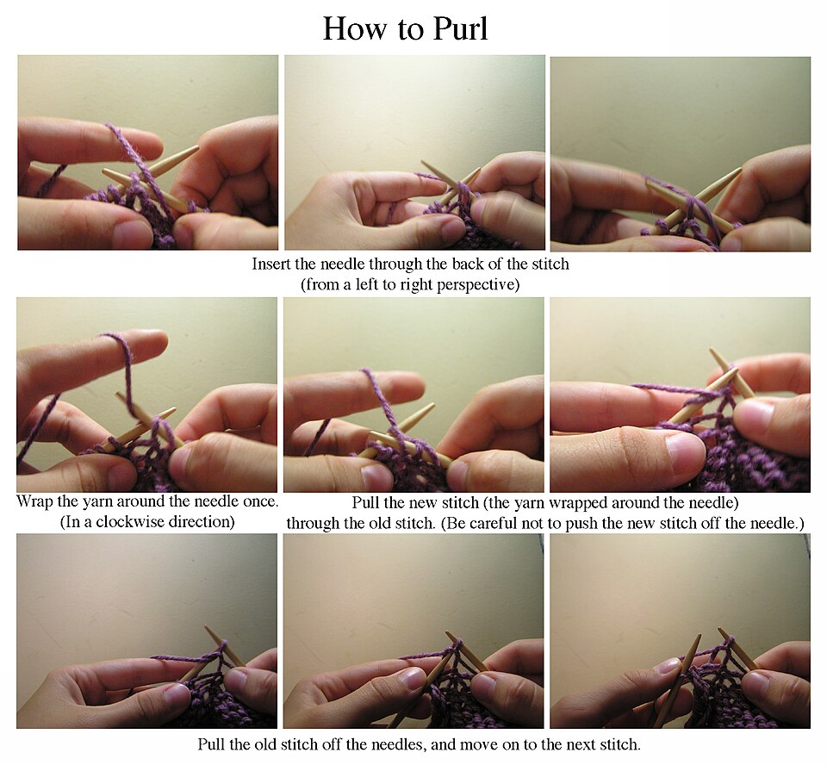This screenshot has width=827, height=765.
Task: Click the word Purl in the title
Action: [460, 28]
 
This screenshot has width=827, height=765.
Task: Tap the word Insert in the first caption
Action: [268, 264]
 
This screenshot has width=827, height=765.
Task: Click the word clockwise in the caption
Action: [127, 522]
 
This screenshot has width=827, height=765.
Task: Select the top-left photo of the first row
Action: [147, 152]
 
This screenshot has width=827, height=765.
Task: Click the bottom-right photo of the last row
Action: [680, 631]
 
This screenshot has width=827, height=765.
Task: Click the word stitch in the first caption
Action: [550, 264]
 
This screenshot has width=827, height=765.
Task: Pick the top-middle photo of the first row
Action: [414, 152]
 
